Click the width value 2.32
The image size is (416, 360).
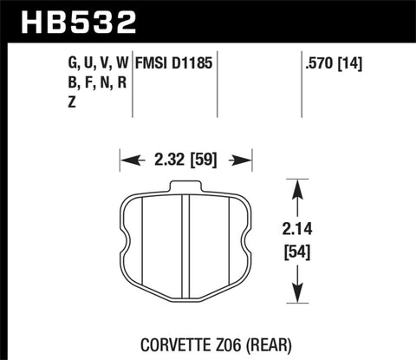(167, 160)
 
